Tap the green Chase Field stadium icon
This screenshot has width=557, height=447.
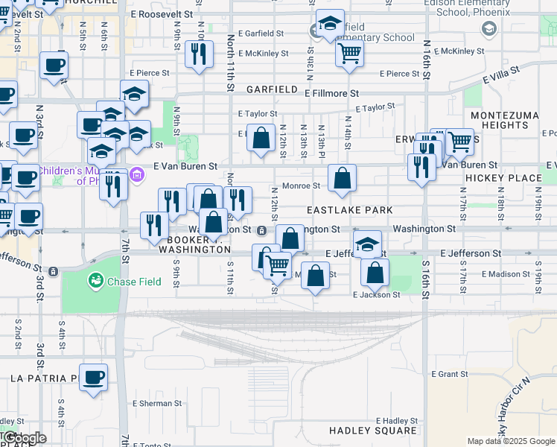(x=95, y=281)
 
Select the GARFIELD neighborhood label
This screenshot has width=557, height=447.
(x=273, y=89)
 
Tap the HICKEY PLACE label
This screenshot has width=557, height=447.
(x=503, y=179)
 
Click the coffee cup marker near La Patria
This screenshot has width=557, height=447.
(x=93, y=377)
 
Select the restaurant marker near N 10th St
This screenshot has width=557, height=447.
(x=198, y=53)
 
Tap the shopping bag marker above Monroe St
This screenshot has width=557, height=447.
(x=342, y=178)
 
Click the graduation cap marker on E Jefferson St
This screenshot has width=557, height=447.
(x=367, y=244)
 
